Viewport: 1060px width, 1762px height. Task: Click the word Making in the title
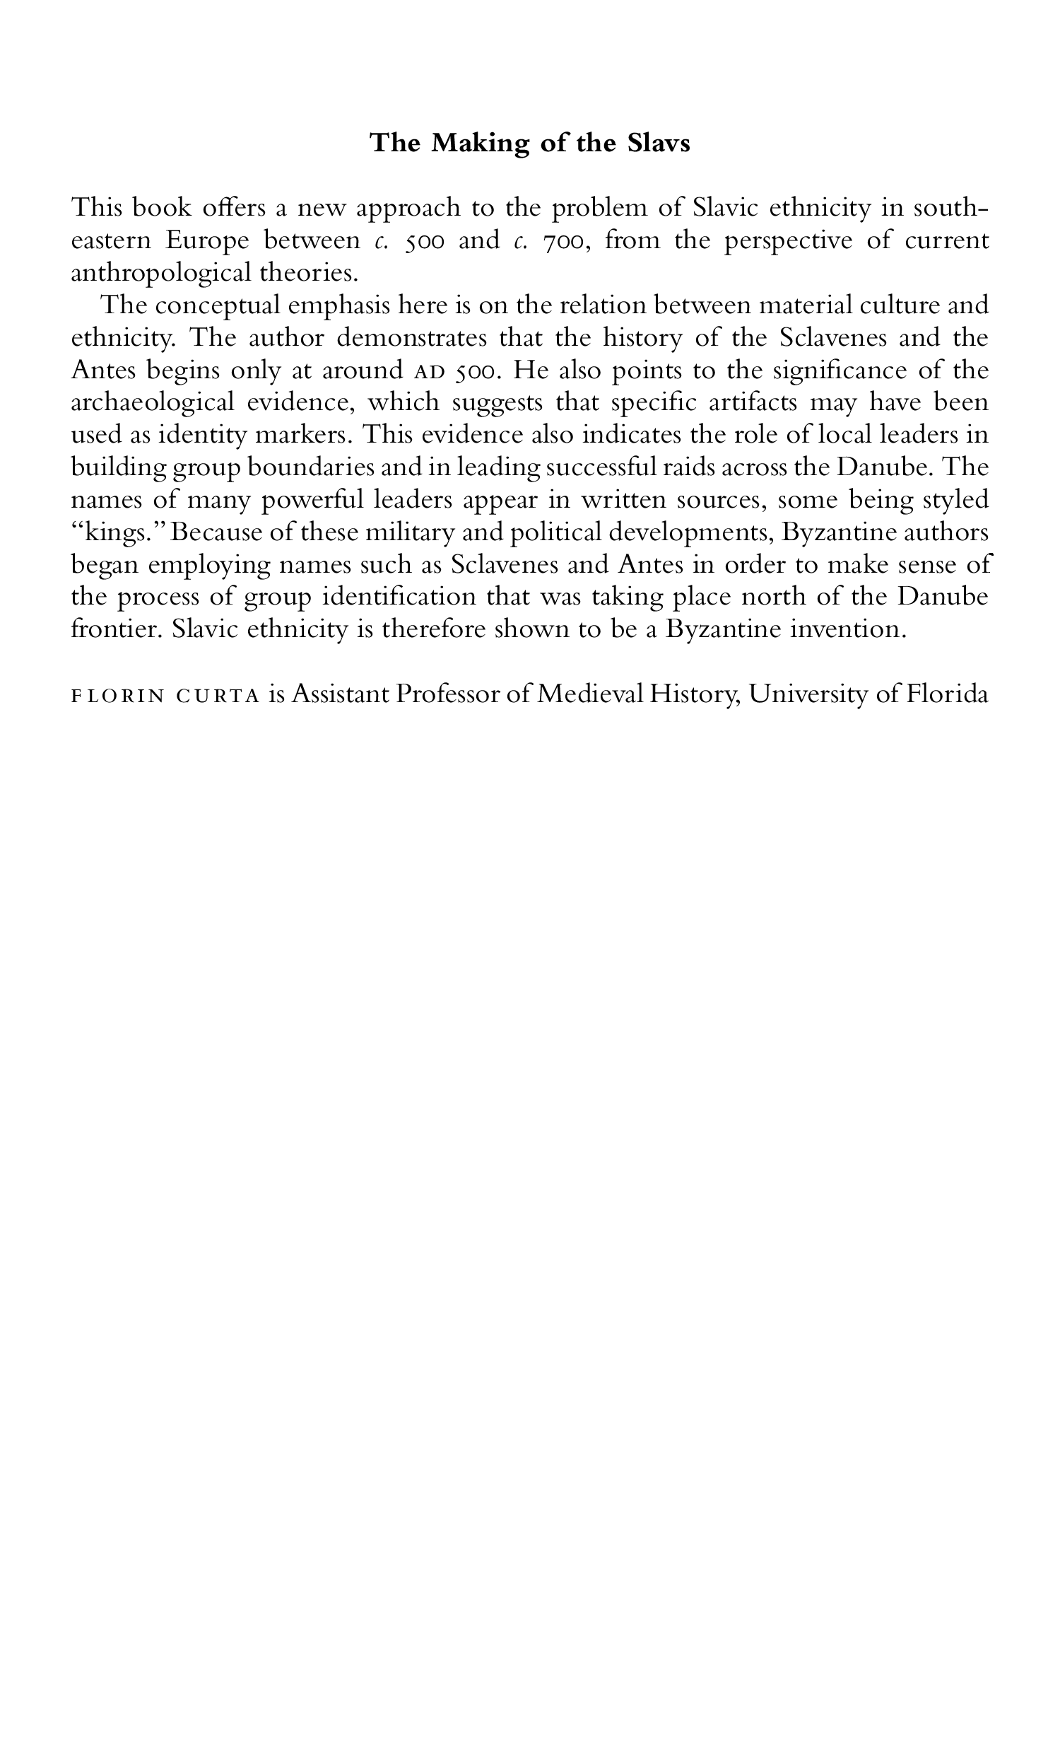coord(476,144)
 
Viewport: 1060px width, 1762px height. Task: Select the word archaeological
coord(153,403)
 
